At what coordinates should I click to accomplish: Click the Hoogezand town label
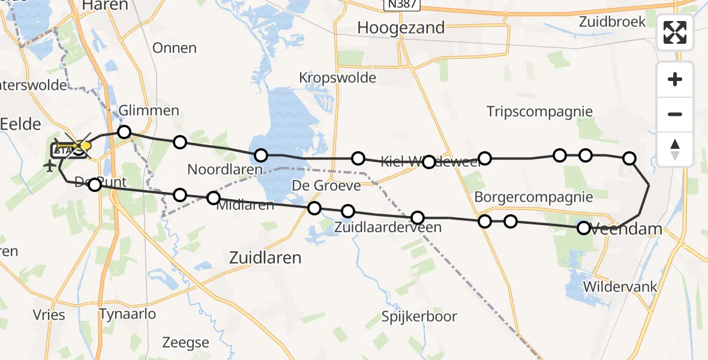tap(401, 28)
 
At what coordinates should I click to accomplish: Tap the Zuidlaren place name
tap(265, 258)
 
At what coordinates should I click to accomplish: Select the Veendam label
tap(628, 229)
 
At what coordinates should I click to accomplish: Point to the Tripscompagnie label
tap(539, 112)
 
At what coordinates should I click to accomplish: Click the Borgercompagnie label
tap(524, 197)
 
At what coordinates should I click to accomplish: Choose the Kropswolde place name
tap(337, 78)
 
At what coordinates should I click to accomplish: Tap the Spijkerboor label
tap(420, 316)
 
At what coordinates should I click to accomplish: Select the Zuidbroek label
tap(613, 22)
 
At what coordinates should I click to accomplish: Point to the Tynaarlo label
tap(127, 314)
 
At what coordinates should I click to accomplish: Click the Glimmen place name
tap(149, 110)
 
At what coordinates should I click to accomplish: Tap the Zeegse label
tap(185, 343)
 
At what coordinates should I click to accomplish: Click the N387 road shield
tap(401, 5)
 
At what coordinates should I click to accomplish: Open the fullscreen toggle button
tap(675, 32)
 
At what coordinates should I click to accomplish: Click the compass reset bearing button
tap(675, 149)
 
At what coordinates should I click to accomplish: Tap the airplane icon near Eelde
tap(50, 164)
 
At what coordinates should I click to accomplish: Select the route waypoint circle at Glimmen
tap(124, 132)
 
